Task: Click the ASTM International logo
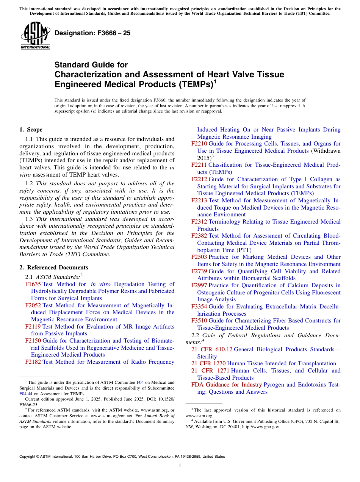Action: [x=35, y=36]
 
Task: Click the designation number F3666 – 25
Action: [x=92, y=33]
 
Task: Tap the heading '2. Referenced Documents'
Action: [x=53, y=268]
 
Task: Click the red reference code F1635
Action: [x=33, y=284]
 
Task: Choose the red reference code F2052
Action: [x=33, y=305]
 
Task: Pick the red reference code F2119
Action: [x=33, y=327]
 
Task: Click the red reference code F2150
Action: [x=33, y=341]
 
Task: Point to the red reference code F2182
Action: [x=33, y=362]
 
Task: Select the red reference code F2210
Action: [x=199, y=144]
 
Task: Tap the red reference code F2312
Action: [x=199, y=222]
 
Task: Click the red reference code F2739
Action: [x=199, y=271]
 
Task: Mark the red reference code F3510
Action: [x=199, y=321]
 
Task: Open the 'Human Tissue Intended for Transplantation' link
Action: [x=282, y=363]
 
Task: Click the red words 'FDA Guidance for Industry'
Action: [x=227, y=385]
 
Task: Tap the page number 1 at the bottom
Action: [x=180, y=466]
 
